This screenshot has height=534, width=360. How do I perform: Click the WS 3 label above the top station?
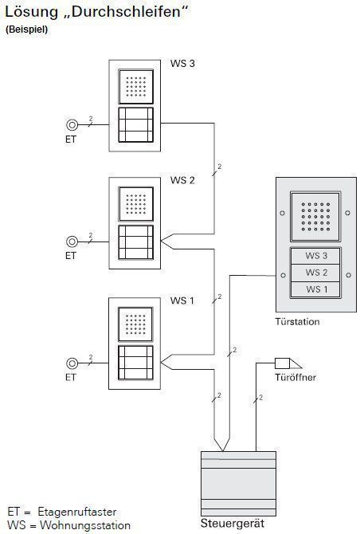pyautogui.click(x=182, y=63)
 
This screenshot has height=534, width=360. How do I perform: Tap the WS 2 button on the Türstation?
pyautogui.click(x=315, y=273)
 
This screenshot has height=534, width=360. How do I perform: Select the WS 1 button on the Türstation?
pyautogui.click(x=315, y=289)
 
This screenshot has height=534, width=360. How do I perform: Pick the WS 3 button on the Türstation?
pyautogui.click(x=315, y=256)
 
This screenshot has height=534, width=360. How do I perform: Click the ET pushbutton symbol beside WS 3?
pyautogui.click(x=72, y=125)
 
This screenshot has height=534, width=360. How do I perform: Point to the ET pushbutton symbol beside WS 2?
pyautogui.click(x=72, y=241)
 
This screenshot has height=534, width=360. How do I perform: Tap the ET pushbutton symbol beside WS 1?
pyautogui.click(x=72, y=363)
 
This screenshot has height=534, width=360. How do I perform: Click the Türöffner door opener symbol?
pyautogui.click(x=288, y=363)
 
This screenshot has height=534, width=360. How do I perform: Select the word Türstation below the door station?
pyautogui.click(x=297, y=322)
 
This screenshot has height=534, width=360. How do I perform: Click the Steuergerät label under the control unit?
pyautogui.click(x=233, y=523)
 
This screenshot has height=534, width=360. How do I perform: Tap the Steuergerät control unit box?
pyautogui.click(x=238, y=484)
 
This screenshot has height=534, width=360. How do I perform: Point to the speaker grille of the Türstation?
pyautogui.click(x=315, y=217)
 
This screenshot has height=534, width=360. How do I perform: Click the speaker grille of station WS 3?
pyautogui.click(x=135, y=87)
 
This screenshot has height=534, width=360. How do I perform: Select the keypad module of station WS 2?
pyautogui.click(x=135, y=242)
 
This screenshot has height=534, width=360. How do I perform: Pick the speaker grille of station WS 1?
pyautogui.click(x=135, y=324)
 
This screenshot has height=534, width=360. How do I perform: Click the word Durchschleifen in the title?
pyautogui.click(x=124, y=12)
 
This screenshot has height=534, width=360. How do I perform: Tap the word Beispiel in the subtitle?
pyautogui.click(x=27, y=29)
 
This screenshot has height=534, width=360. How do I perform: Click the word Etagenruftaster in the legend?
pyautogui.click(x=77, y=512)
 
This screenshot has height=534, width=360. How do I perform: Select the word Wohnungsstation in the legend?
pyautogui.click(x=85, y=525)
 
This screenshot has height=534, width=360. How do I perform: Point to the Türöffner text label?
pyautogui.click(x=295, y=377)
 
